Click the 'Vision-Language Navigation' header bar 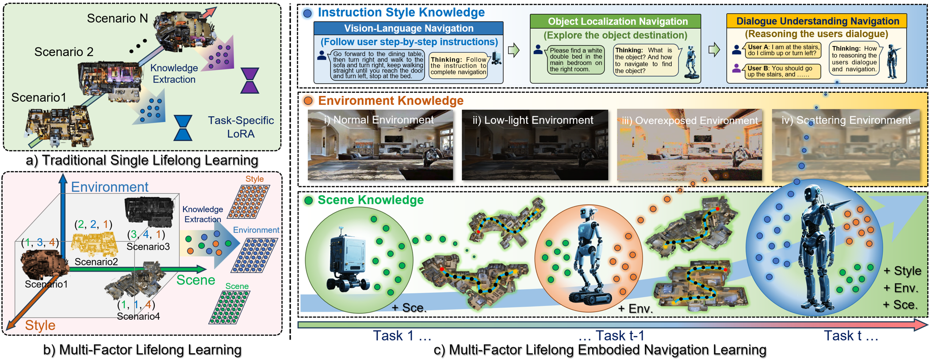click(408, 28)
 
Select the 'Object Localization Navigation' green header click(615, 21)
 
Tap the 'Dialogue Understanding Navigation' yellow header click(816, 21)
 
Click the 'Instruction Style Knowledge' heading click(401, 12)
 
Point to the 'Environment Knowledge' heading click(391, 100)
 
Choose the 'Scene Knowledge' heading click(371, 200)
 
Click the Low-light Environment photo click(535, 145)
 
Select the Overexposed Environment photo click(690, 145)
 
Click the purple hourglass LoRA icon click(250, 80)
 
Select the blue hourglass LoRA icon click(183, 128)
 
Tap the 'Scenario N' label click(117, 18)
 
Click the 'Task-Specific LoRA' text click(241, 127)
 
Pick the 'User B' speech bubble click(782, 71)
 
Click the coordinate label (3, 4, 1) click(146, 234)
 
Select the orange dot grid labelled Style click(249, 201)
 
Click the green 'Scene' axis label click(196, 280)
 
